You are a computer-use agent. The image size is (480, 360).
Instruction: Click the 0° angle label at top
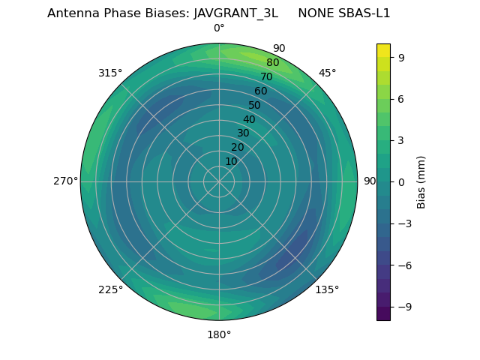219,28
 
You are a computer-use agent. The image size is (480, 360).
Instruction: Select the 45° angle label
327,73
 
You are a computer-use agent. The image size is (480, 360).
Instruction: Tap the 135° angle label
327,289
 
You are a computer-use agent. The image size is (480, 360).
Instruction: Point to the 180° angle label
219,334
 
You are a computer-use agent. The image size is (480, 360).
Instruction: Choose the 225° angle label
110,289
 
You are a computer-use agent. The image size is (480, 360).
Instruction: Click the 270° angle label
66,181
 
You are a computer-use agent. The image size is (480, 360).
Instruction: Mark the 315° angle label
110,73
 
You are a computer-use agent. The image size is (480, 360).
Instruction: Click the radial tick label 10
231,161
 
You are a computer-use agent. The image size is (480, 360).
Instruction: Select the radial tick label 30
243,133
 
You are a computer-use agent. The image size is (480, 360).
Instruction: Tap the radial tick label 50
255,105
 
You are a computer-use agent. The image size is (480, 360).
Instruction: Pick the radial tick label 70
266,76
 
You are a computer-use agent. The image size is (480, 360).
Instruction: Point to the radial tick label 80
272,63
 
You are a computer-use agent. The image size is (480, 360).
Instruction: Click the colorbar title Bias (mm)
421,181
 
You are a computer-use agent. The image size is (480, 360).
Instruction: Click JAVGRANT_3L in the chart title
235,13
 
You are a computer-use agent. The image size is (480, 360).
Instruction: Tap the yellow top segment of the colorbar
383,49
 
